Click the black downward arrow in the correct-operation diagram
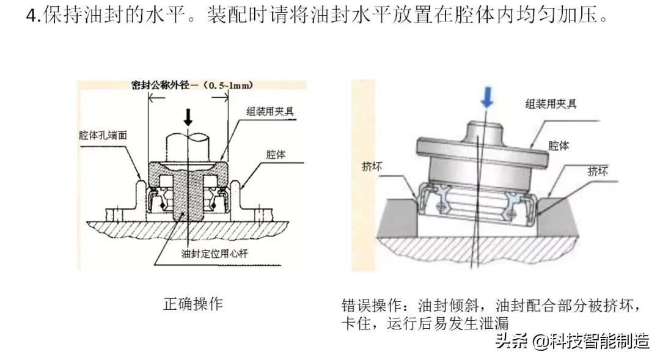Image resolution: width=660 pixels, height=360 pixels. [x=188, y=116]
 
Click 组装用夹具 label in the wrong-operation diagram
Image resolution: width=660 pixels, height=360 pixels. [x=551, y=103]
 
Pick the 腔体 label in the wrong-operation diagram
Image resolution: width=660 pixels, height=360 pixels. [x=559, y=146]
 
